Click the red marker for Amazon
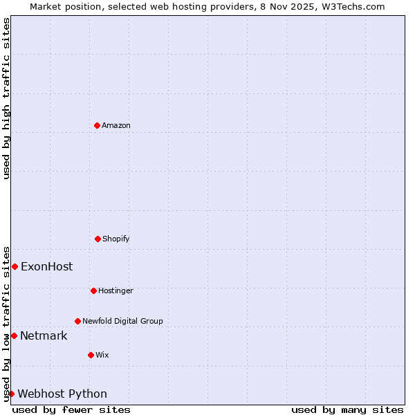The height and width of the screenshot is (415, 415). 97,125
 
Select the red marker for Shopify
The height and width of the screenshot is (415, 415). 98,239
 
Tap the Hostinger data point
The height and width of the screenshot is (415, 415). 93,290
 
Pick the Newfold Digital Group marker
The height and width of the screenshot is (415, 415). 77,321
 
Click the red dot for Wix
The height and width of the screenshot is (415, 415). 91,355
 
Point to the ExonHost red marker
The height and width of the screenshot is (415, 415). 15,266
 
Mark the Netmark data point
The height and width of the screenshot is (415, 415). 14,335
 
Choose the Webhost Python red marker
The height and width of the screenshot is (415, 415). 11,394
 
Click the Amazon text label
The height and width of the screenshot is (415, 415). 116,125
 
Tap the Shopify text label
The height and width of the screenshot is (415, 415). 116,239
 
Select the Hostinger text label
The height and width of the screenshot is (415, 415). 116,290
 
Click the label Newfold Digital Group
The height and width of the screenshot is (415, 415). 122,321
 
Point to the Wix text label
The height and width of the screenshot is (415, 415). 102,355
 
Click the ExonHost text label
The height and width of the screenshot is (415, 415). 46,267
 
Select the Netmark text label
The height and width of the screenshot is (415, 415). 44,336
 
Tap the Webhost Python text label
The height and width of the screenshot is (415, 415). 62,394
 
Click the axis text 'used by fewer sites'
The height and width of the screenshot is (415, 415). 71,409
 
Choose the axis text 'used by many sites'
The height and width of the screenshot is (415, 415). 347,409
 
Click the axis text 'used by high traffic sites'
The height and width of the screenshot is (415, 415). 6,98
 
